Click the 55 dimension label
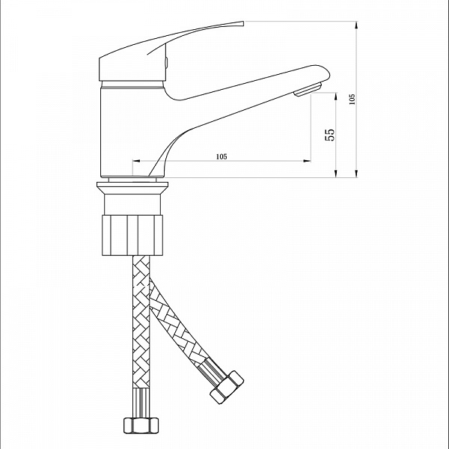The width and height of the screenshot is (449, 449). tap(329, 134)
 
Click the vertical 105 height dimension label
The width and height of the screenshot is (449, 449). tap(352, 99)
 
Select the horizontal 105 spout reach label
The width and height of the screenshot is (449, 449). tap(222, 156)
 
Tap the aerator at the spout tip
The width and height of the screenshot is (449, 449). tap(308, 89)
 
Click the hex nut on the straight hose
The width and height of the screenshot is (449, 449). tap(141, 425)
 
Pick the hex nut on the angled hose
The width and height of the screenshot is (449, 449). tap(227, 388)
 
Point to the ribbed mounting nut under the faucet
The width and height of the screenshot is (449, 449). tap(133, 235)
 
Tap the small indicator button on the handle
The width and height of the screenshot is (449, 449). tap(166, 62)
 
